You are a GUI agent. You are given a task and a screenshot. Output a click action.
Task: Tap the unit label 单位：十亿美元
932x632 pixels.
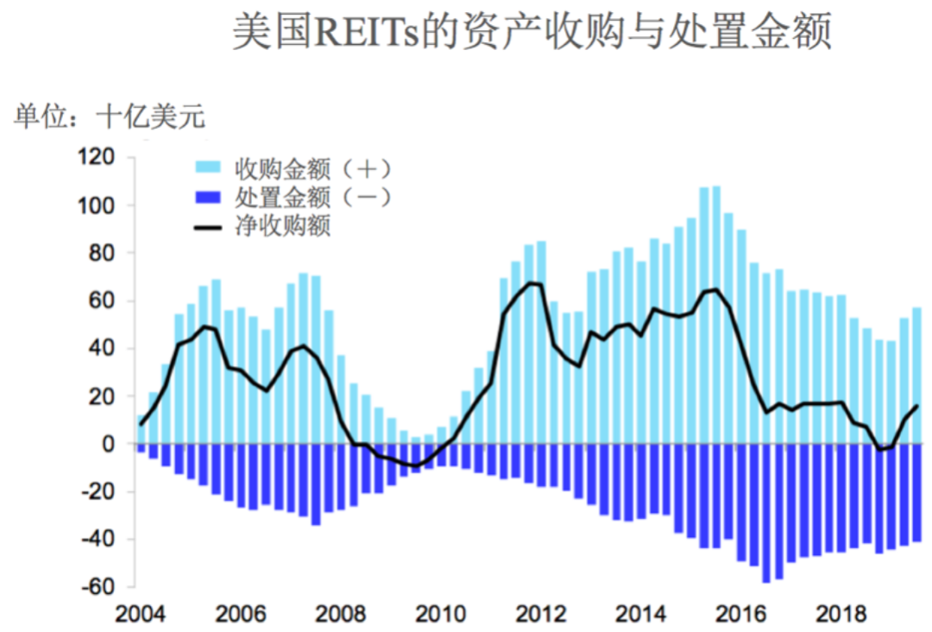[x=110, y=117]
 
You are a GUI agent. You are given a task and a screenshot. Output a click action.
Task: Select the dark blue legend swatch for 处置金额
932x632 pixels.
[x=209, y=197]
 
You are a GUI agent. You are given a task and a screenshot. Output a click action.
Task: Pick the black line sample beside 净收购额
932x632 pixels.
[x=209, y=226]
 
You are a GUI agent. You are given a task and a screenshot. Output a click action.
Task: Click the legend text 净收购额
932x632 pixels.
[x=283, y=226]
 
